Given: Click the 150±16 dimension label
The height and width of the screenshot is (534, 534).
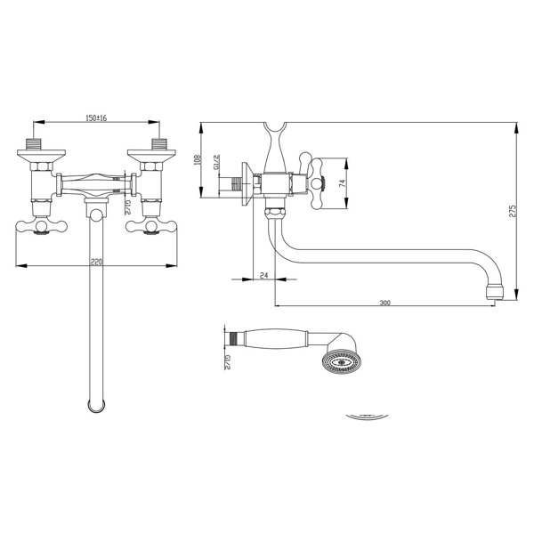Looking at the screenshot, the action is pyautogui.click(x=96, y=117).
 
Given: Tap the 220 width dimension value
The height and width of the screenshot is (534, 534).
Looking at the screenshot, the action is pyautogui.click(x=96, y=262).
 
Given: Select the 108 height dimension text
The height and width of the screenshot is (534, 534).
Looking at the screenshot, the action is pyautogui.click(x=198, y=160).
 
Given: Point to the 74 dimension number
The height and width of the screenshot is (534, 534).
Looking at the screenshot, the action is pyautogui.click(x=343, y=182).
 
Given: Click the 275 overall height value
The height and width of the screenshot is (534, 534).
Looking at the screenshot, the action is pyautogui.click(x=513, y=211).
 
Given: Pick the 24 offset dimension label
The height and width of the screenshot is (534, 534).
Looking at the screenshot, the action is pyautogui.click(x=264, y=275).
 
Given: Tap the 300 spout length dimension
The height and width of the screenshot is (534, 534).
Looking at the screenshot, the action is pyautogui.click(x=385, y=303).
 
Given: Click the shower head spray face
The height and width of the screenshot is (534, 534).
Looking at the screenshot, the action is pyautogui.click(x=339, y=362).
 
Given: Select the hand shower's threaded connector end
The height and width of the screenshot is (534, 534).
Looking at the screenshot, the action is pyautogui.click(x=234, y=339).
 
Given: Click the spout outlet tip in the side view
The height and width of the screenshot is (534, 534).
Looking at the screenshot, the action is pyautogui.click(x=494, y=292).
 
